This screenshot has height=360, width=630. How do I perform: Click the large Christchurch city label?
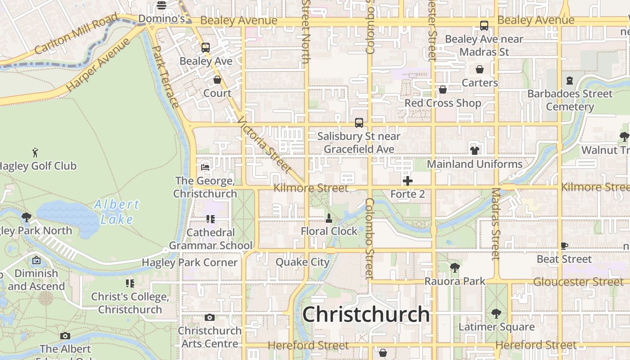tap(365, 314)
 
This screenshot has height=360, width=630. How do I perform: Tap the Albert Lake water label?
tap(117, 211)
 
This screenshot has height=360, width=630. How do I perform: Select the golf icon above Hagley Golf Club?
tap(35, 153)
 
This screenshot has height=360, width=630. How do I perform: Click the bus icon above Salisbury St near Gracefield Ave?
tap(359, 122)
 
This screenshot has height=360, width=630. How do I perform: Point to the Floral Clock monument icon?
tap(329, 218)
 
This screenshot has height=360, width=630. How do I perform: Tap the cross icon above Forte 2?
tap(408, 181)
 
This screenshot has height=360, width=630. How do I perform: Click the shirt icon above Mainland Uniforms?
tap(474, 150)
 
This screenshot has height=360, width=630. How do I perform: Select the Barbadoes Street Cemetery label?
tap(570, 100)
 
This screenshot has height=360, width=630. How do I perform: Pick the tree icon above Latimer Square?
tap(496, 313)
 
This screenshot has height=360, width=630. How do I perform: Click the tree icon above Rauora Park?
tap(455, 268)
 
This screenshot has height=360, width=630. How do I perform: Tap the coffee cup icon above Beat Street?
tap(564, 246)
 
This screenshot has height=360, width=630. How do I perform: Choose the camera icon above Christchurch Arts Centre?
tap(209, 317)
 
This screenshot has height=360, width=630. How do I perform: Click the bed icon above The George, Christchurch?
tap(205, 167)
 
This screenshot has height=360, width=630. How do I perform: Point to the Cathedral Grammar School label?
tap(211, 239)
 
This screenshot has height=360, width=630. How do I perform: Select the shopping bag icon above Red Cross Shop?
tap(443, 90)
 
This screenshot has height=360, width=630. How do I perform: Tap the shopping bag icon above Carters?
tap(480, 69)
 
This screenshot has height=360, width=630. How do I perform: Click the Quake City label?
tap(302, 262)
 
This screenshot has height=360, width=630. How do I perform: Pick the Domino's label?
tap(162, 19)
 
